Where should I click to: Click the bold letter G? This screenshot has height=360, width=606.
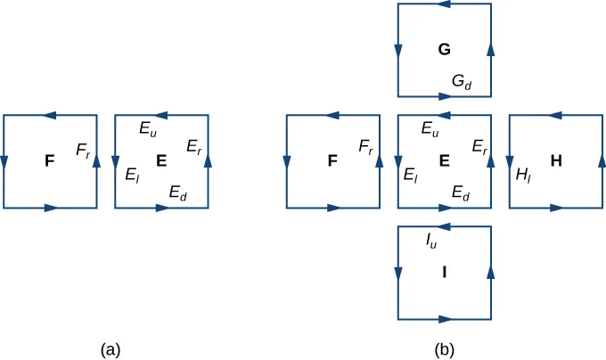tap(443, 50)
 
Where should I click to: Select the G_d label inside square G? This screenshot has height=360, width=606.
tap(462, 81)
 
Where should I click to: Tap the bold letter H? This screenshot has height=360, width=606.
tap(556, 161)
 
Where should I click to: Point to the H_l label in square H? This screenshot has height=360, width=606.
tap(523, 175)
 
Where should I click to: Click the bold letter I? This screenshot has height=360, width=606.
tap(443, 273)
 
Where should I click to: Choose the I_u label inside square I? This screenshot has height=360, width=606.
tap(431, 240)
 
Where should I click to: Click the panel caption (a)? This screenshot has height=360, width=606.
tap(111, 349)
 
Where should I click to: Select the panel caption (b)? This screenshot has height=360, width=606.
tap(445, 349)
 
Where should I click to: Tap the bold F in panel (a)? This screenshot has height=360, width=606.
tap(50, 161)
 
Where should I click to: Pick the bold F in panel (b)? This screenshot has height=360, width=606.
tap(332, 161)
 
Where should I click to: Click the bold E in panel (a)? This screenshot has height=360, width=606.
tap(161, 161)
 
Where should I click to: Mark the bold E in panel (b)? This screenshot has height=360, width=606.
tap(443, 161)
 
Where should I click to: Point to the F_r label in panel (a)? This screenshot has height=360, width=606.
tap(83, 151)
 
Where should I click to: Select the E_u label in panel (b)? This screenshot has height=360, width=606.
tap(430, 128)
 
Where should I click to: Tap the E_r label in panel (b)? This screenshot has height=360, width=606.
tap(478, 146)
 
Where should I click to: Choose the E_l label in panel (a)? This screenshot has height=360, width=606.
tap(131, 175)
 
